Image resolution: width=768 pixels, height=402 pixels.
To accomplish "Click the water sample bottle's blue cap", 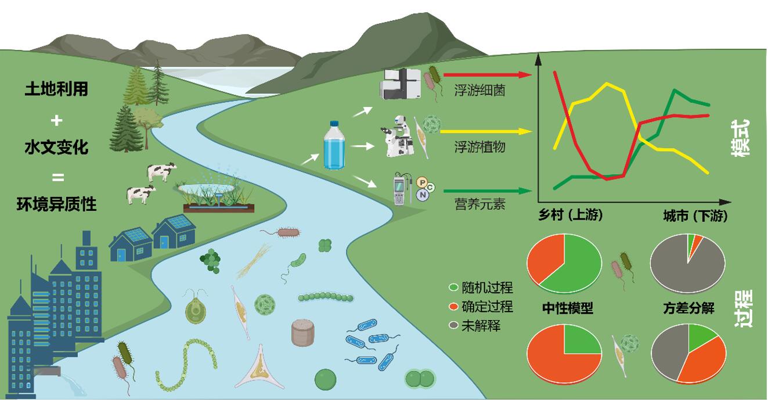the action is (x=334, y=123).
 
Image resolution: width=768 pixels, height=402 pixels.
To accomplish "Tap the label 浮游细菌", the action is (x=479, y=90).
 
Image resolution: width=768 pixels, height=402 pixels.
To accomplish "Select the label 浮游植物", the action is (x=479, y=147).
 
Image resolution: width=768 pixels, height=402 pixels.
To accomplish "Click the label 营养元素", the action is (x=479, y=204).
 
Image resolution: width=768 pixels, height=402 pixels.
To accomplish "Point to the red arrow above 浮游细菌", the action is (x=487, y=75).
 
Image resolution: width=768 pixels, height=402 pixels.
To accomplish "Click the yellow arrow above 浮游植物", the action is (x=486, y=131).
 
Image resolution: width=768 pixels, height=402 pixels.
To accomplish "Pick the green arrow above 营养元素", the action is (x=487, y=191).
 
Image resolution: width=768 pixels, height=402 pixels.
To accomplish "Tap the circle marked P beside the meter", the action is (x=422, y=182).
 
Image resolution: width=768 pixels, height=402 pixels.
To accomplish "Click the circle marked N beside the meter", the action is (x=423, y=195).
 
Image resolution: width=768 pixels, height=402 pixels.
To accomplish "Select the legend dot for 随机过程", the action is (x=453, y=288).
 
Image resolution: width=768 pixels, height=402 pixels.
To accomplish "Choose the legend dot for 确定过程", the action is (x=453, y=306).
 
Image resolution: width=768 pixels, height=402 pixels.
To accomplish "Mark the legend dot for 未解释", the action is (x=453, y=325).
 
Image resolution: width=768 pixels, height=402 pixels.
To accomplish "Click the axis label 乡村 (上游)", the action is (x=570, y=215).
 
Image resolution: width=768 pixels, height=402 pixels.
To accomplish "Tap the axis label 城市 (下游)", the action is (x=695, y=216).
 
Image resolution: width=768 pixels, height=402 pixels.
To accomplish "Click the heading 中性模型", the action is (x=568, y=308).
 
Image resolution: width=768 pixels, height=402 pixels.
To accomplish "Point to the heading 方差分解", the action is (x=689, y=308).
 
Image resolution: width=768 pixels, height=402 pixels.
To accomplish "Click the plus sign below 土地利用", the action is (x=56, y=120).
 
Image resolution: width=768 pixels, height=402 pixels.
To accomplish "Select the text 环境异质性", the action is (x=56, y=204).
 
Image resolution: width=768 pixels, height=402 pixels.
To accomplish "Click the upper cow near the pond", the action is (x=161, y=171).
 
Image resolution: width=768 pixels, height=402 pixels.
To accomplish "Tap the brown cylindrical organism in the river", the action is (x=302, y=332).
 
